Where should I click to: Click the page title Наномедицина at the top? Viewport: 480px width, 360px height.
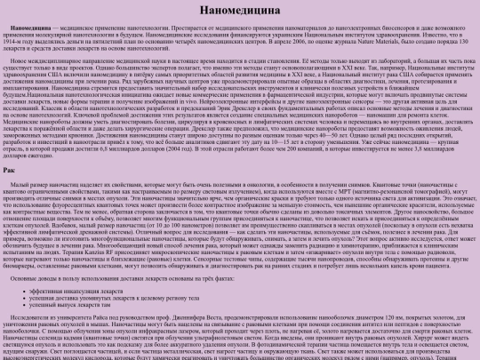click(239, 11)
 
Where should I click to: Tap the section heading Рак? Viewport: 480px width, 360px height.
click(8, 168)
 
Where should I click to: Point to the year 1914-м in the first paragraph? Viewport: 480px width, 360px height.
click(15, 41)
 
